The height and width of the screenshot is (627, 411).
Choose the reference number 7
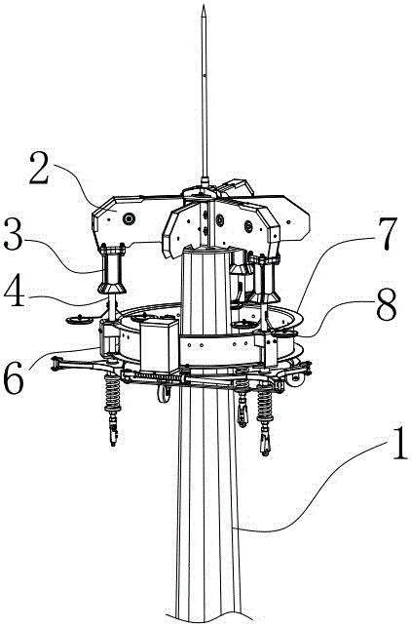click(384, 234)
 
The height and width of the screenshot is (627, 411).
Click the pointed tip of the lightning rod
click(205, 6)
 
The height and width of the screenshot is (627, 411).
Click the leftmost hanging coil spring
click(112, 393)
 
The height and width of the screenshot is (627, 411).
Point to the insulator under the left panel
click(112, 270)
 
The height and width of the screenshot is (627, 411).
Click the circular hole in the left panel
click(130, 218)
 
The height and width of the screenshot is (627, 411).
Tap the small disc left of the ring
click(80, 320)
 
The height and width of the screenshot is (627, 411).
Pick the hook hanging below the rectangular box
click(164, 394)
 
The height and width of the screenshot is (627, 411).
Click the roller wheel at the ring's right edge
click(298, 380)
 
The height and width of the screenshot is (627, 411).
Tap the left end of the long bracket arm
click(54, 364)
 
